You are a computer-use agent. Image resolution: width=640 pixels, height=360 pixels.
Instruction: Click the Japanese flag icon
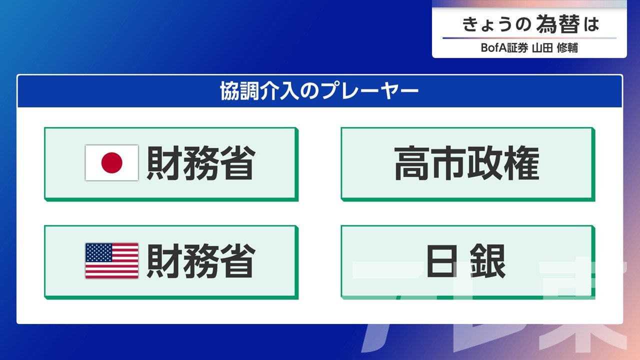[111, 162]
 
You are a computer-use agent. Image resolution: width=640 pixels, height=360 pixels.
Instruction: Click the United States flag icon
[111, 260]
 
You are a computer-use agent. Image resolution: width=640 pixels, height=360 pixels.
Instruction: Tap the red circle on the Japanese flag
[111, 162]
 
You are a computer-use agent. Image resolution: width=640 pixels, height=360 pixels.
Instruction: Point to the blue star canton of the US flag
[98, 252]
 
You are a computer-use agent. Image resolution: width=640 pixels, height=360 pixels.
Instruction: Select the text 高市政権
[467, 163]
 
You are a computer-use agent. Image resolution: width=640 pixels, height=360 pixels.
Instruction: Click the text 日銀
[466, 261]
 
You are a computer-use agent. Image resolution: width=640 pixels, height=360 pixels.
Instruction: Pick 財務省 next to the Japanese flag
[201, 163]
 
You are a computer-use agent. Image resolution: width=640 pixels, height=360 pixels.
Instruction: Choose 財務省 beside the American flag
[201, 261]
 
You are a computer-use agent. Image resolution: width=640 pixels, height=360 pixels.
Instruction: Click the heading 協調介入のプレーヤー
[319, 91]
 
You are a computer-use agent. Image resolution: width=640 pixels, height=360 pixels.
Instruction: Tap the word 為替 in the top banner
[558, 24]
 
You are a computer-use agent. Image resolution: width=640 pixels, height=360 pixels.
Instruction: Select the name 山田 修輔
[555, 47]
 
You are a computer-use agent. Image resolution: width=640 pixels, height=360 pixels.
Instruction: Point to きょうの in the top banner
[496, 24]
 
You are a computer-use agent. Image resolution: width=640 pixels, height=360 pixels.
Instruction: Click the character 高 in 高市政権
[411, 163]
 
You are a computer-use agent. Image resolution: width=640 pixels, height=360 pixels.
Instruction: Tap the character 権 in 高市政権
[521, 163]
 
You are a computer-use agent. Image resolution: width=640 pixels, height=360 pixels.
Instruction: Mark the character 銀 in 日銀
[488, 261]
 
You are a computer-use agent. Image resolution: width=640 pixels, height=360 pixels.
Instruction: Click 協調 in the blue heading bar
[239, 91]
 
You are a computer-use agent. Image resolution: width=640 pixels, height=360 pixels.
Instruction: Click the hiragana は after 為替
[591, 24]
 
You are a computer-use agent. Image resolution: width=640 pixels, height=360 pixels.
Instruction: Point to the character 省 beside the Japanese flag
[237, 163]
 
